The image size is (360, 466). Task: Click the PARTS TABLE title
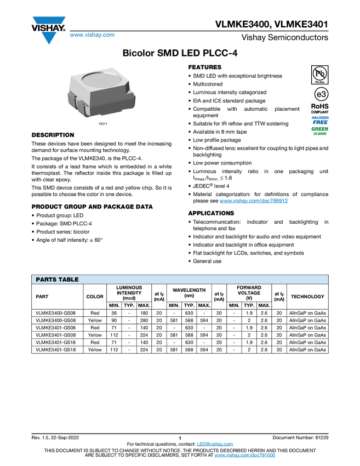tap(58, 280)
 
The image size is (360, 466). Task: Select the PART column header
tap(42, 297)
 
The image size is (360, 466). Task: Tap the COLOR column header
tap(95, 297)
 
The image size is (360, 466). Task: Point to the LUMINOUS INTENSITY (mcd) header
tap(129, 292)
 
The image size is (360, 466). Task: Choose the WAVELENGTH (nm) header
tap(189, 292)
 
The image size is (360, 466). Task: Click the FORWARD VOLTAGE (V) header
tap(249, 292)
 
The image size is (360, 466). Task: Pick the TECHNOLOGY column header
tap(307, 297)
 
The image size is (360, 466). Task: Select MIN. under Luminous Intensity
tap(114, 305)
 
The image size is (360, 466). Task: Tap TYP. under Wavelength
tap(189, 305)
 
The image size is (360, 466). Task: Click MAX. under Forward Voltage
tap(264, 305)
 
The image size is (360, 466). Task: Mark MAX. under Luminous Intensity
tap(144, 305)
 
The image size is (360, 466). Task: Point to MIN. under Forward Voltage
tap(234, 305)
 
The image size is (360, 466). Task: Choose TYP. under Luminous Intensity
tap(129, 305)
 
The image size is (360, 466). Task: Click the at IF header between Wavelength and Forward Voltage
tap(219, 297)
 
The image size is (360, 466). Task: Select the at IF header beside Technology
tap(279, 297)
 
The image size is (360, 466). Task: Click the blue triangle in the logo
tap(49, 38)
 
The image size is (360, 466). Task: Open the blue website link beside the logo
tap(92, 35)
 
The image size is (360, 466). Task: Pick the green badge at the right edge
tap(320, 130)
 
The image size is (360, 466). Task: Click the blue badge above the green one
tap(320, 119)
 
